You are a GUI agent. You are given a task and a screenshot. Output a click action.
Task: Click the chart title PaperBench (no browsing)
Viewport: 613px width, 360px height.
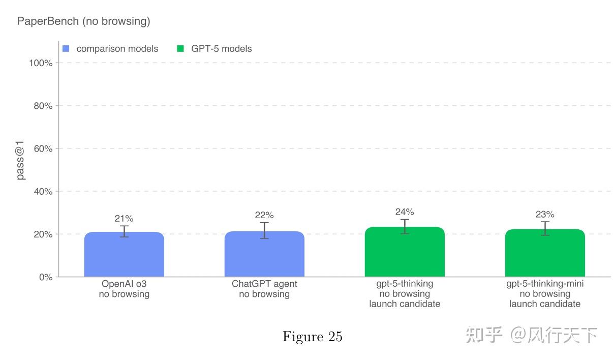[83, 21]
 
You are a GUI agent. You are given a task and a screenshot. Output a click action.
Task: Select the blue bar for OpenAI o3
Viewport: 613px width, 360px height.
[124, 254]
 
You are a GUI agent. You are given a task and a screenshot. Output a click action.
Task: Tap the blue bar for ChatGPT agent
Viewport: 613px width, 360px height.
[264, 254]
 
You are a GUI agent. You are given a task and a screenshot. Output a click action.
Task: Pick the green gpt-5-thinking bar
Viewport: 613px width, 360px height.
[405, 252]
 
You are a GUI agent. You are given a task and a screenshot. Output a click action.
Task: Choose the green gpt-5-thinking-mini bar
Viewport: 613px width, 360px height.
[545, 253]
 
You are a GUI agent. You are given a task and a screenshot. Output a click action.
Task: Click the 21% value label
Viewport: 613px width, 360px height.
[124, 219]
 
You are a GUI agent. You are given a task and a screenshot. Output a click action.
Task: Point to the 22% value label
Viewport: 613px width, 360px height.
[264, 215]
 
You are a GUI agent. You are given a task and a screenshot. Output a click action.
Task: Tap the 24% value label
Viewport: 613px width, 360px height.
[405, 212]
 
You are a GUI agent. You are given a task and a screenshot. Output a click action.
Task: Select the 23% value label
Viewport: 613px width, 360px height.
[545, 215]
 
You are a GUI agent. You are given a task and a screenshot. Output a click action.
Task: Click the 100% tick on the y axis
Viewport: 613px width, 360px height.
[41, 63]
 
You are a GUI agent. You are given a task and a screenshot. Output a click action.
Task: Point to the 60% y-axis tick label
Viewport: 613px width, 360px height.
[43, 148]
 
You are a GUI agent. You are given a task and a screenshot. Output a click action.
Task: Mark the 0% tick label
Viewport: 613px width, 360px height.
[46, 277]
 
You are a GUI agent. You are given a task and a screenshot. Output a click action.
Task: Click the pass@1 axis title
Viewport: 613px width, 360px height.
[20, 161]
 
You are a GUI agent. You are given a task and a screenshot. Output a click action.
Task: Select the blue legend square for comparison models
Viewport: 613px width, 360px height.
[66, 49]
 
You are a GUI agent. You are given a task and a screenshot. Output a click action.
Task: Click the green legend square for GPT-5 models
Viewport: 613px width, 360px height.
[180, 49]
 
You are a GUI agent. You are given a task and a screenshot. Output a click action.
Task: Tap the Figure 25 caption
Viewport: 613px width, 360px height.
[312, 337]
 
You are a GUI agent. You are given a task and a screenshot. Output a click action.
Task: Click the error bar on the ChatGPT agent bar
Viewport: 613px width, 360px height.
[264, 230]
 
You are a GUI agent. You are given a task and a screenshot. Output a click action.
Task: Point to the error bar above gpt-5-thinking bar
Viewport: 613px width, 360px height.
[405, 226]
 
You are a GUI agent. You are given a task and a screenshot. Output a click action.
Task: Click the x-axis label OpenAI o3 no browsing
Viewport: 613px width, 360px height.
[124, 289]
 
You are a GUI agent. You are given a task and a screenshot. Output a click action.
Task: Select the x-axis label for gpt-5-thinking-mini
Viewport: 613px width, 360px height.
[545, 294]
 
